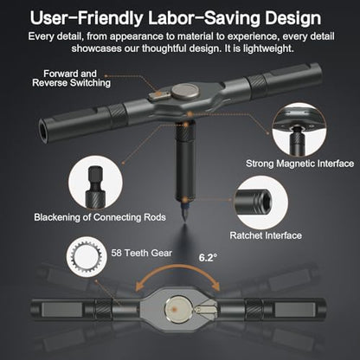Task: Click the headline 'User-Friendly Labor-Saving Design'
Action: (x=176, y=18)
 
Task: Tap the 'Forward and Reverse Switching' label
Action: (x=71, y=78)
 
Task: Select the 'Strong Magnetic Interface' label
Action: (x=299, y=164)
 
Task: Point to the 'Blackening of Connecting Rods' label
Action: (x=100, y=217)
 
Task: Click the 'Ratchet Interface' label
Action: (x=266, y=235)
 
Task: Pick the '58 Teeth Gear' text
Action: (x=141, y=253)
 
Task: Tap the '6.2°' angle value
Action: (x=208, y=257)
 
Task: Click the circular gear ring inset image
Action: (x=87, y=256)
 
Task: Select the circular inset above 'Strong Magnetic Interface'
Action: (x=299, y=130)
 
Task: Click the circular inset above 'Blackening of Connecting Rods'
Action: (x=95, y=183)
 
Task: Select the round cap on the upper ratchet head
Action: (x=185, y=92)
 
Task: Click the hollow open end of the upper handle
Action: (x=42, y=133)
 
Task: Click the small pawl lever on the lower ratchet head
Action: (x=204, y=309)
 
